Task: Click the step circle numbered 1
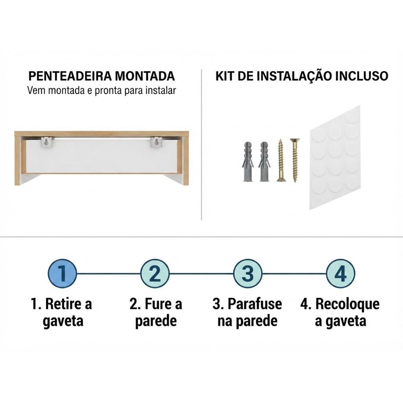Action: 63,274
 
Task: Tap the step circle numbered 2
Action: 155,274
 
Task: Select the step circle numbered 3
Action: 248,274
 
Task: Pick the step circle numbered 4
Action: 340,274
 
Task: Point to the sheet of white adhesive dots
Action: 335,157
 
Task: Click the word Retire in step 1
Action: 66,304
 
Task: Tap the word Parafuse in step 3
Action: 255,304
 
